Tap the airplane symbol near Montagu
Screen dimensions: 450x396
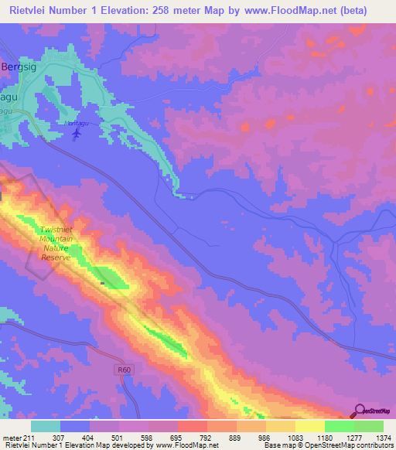tap(76, 134)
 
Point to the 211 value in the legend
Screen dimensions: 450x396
tap(29, 438)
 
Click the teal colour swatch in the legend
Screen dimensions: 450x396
tap(46, 426)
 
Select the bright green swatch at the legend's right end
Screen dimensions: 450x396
tap(369, 426)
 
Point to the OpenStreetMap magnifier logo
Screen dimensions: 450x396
tap(360, 411)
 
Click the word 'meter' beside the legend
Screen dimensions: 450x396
tap(12, 438)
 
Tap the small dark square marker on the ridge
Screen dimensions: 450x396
tap(102, 283)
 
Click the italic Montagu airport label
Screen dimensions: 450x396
tap(76, 123)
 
